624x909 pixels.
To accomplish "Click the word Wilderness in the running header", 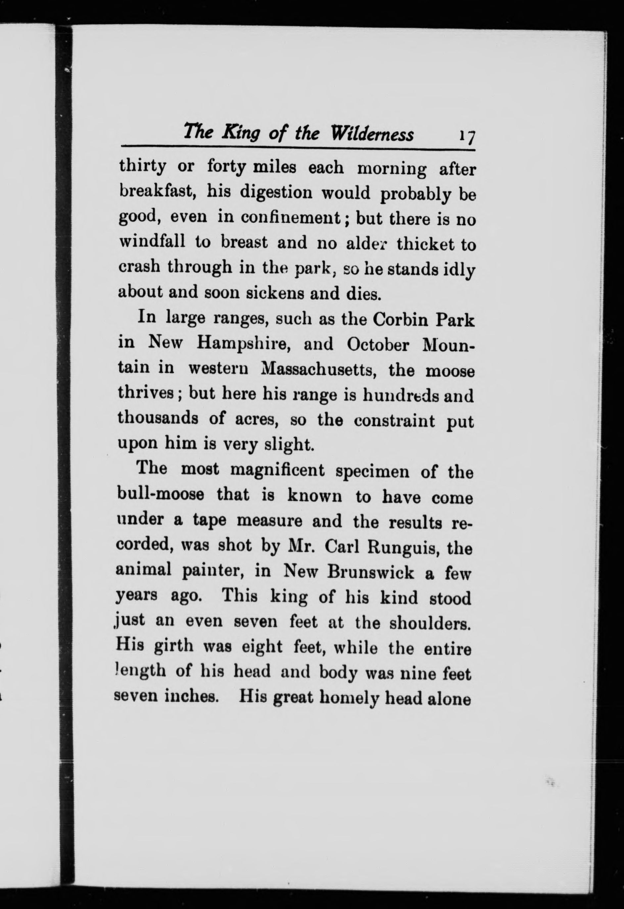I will point(372,133).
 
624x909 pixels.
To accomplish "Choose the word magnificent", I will point(277,470).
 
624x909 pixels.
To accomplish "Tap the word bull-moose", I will point(160,494).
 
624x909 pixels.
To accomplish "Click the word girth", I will point(173,646).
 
